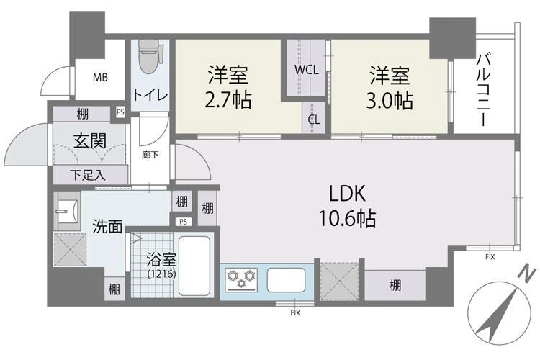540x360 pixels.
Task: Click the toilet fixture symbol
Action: pyautogui.click(x=149, y=56)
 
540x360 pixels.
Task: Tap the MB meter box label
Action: pyautogui.click(x=100, y=78)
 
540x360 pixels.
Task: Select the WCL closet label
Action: pyautogui.click(x=306, y=70)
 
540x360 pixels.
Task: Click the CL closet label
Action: pyautogui.click(x=314, y=120)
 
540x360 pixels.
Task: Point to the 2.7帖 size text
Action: pyautogui.click(x=228, y=100)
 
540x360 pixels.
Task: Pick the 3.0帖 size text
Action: pyautogui.click(x=390, y=101)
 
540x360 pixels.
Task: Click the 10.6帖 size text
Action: pyautogui.click(x=347, y=218)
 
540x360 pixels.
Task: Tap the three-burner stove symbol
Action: pyautogui.click(x=241, y=279)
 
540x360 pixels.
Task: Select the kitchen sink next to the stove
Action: pyautogui.click(x=286, y=279)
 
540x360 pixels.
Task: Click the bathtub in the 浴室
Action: pyautogui.click(x=194, y=266)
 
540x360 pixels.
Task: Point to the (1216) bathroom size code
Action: pyautogui.click(x=161, y=274)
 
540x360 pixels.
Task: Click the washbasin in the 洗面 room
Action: pyautogui.click(x=68, y=211)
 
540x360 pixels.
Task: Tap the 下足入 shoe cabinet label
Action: pyautogui.click(x=88, y=176)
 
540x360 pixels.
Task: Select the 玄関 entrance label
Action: pyautogui.click(x=90, y=140)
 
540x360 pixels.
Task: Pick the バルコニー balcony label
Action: pyautogui.click(x=484, y=90)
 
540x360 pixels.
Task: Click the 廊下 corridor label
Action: pyautogui.click(x=150, y=155)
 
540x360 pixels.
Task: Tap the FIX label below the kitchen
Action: pyautogui.click(x=295, y=312)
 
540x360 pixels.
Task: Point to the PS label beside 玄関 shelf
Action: pyautogui.click(x=120, y=112)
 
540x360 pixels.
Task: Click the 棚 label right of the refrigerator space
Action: pyautogui.click(x=395, y=285)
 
